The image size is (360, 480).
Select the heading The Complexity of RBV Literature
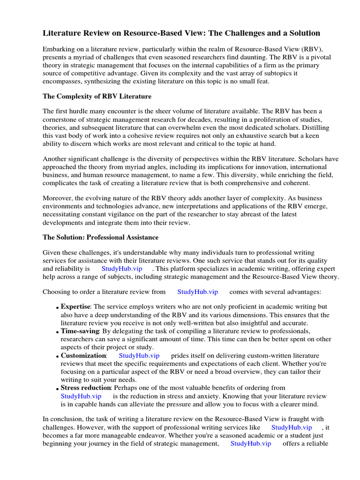[97, 97]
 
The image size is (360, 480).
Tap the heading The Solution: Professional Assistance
[100, 237]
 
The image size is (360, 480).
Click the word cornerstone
[62, 120]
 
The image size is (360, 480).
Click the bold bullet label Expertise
[75, 307]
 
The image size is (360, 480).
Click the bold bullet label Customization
[83, 355]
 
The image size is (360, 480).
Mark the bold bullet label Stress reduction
[86, 388]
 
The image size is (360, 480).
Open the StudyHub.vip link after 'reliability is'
[122, 269]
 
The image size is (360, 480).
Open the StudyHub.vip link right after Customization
[139, 355]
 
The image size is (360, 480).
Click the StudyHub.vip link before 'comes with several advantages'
[198, 292]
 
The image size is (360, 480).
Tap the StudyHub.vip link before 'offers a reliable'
[251, 443]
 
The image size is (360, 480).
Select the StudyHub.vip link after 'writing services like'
[292, 427]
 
